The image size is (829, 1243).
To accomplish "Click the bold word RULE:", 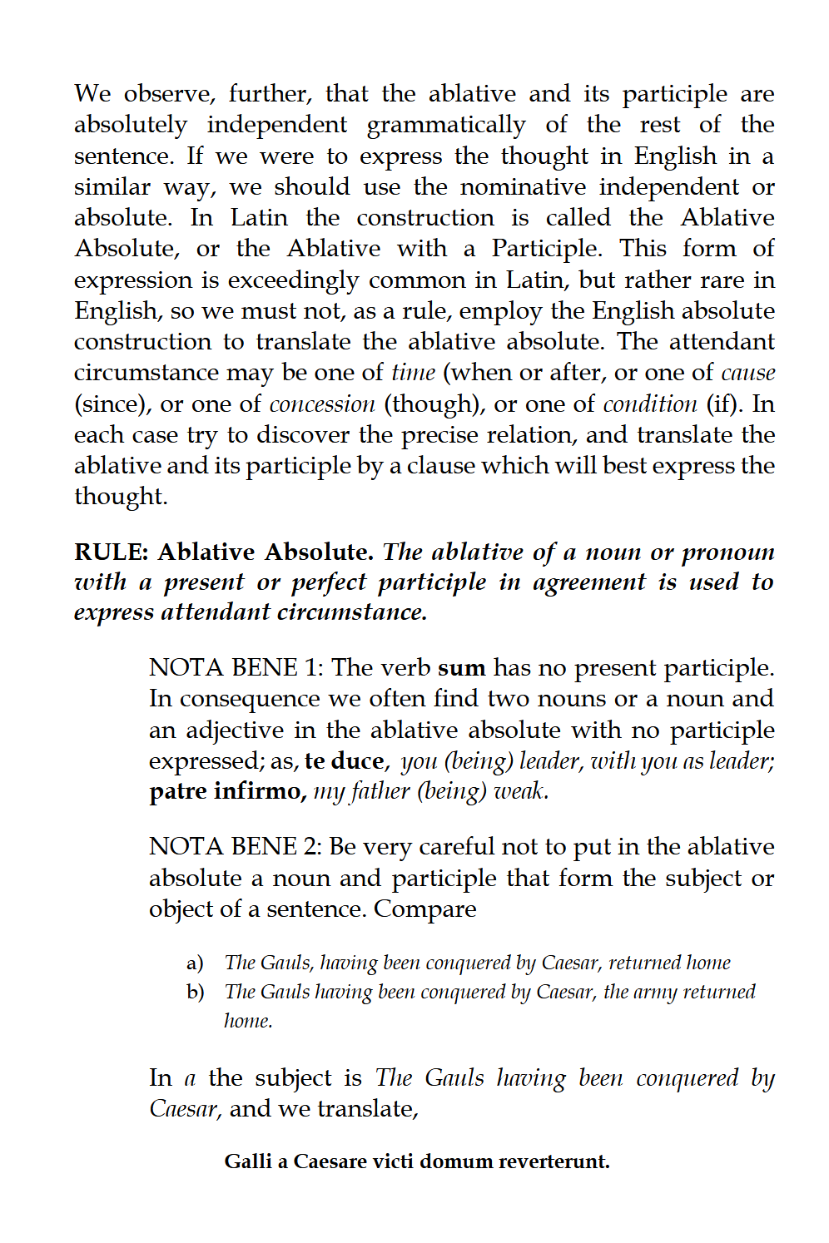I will coord(112,552).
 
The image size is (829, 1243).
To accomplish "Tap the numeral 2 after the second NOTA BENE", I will coord(312,846).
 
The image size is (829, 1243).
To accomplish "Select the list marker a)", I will coord(195,963).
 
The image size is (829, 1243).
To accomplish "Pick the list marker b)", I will coord(196,993).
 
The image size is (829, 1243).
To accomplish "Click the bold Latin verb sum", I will coord(461,668).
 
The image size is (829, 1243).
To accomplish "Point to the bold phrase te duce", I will coord(345,760).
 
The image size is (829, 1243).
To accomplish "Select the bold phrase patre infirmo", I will coord(227,790).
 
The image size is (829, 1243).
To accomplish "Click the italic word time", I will coord(413,373).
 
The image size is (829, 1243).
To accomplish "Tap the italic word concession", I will coord(322,404).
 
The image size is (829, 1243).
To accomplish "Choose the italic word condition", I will coord(649,404).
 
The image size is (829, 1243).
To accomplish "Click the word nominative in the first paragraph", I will coord(524,187).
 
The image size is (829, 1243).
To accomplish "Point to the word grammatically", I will coord(446,125).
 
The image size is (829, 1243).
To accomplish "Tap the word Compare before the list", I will coord(424,909).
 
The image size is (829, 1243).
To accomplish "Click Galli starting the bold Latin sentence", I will coord(247,1161).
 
